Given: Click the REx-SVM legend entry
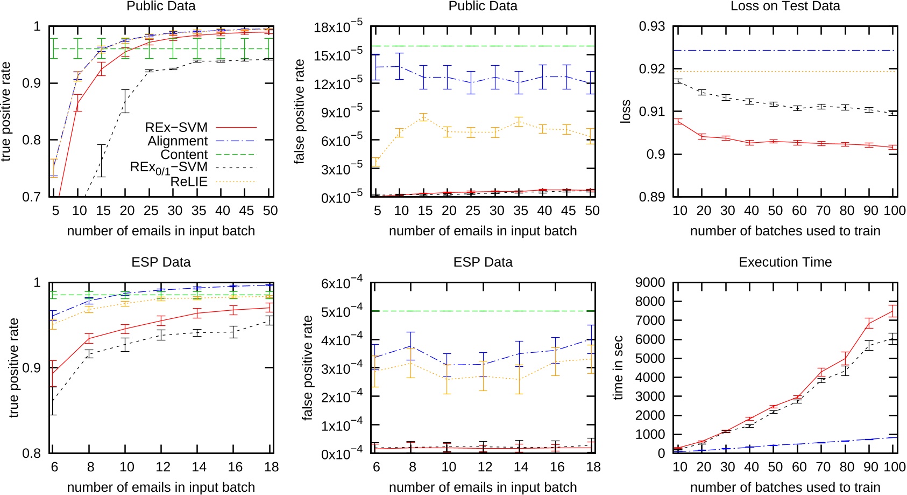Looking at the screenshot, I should pyautogui.click(x=176, y=128).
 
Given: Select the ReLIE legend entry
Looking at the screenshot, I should pyautogui.click(x=189, y=182).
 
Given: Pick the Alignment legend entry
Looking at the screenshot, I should pyautogui.click(x=178, y=141).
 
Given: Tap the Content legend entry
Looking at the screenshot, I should pyautogui.click(x=184, y=155).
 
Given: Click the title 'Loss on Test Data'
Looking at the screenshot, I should pyautogui.click(x=785, y=6).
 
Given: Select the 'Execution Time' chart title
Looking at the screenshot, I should pyautogui.click(x=785, y=262).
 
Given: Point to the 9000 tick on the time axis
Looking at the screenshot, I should pyautogui.click(x=650, y=283).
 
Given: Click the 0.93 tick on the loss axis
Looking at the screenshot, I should pyautogui.click(x=652, y=26).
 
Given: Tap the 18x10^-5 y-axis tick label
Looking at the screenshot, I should pyautogui.click(x=338, y=26).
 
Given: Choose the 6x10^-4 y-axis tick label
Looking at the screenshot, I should pyautogui.click(x=342, y=283).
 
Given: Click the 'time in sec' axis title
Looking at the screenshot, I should pyautogui.click(x=619, y=368).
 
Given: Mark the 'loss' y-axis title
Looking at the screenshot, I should pyautogui.click(x=625, y=111).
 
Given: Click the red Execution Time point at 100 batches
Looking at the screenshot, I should pyautogui.click(x=893, y=311).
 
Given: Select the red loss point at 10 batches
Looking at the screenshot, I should pyautogui.click(x=678, y=122).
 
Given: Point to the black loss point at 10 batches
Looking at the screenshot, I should pyautogui.click(x=678, y=81).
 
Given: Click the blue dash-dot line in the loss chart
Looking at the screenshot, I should pyautogui.click(x=785, y=51).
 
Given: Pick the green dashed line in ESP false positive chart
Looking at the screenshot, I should pyautogui.click(x=483, y=311).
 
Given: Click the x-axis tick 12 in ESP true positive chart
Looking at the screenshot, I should pyautogui.click(x=163, y=467).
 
